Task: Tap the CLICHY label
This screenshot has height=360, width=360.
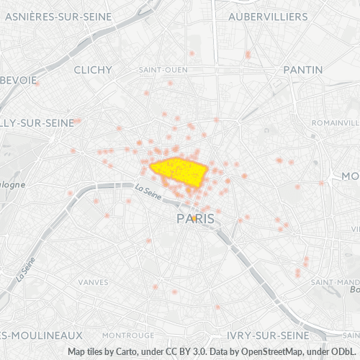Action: click(93, 70)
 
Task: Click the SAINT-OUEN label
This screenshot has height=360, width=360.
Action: click(163, 70)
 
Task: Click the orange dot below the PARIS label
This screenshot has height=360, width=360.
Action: click(194, 237)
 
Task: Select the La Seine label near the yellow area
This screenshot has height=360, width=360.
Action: click(148, 189)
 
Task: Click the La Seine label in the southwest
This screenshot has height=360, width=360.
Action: click(26, 270)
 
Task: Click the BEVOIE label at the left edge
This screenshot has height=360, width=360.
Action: click(19, 81)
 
